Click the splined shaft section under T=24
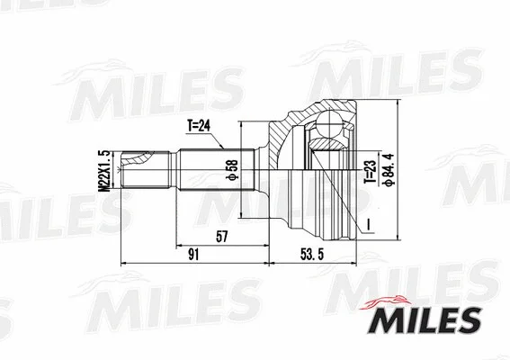(x=206, y=167)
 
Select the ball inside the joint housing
(x=325, y=141)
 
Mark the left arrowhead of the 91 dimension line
(x=123, y=265)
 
